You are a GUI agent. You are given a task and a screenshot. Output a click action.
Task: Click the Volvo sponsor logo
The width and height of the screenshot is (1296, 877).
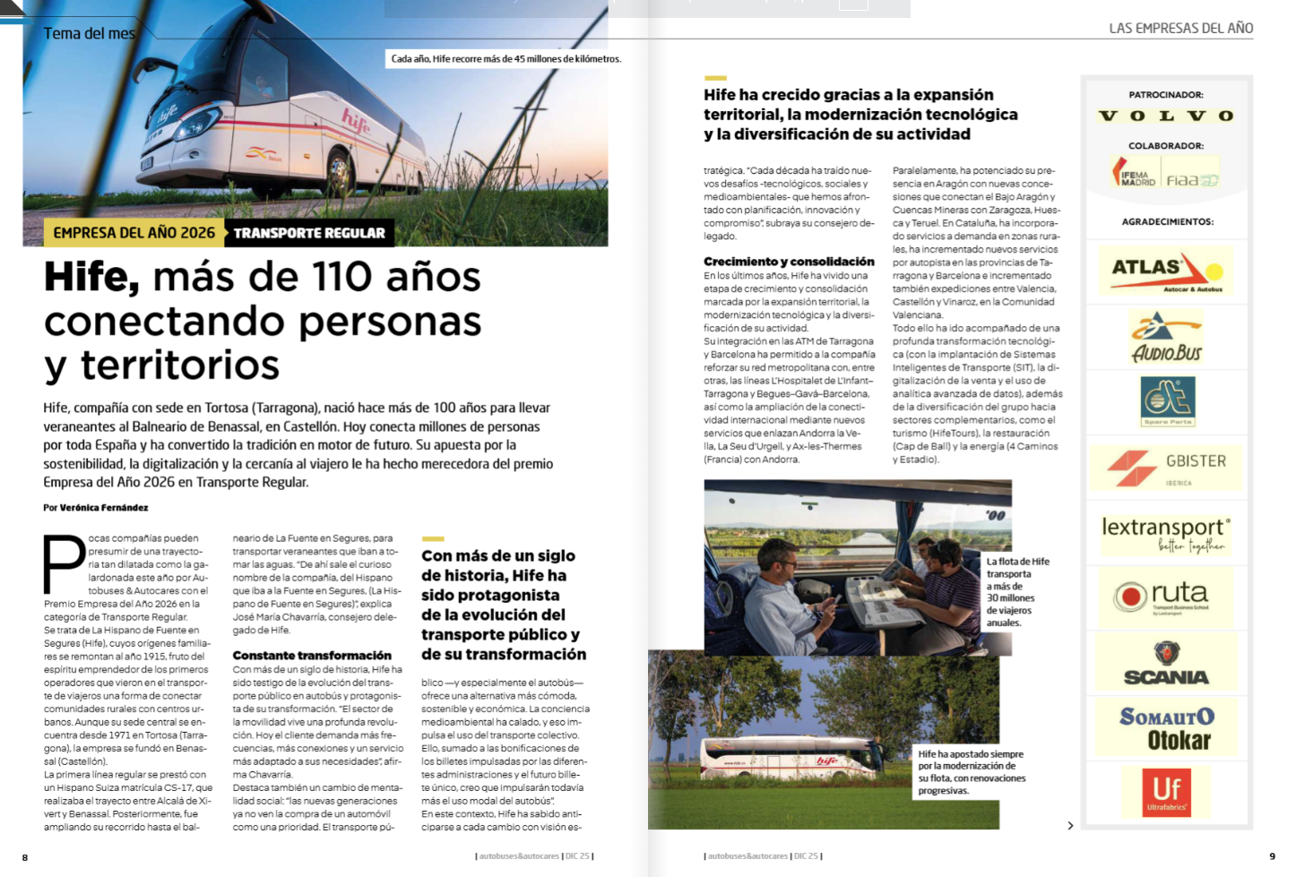1166,116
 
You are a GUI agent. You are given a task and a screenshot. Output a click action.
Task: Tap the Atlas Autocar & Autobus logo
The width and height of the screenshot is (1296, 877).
1166,271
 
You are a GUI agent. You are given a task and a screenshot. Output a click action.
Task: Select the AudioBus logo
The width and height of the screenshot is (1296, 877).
1166,338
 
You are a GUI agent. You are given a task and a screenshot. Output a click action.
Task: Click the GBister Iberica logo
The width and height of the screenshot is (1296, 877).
1166,468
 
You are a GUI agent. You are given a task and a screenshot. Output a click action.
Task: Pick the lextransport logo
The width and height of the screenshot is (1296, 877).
1166,534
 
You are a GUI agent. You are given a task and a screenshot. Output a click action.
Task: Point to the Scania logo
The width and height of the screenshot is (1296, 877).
1166,664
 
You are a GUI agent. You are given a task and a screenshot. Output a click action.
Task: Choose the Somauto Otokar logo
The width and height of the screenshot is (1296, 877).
1166,727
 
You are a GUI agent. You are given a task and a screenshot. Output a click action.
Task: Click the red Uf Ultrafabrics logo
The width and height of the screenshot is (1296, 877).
1166,792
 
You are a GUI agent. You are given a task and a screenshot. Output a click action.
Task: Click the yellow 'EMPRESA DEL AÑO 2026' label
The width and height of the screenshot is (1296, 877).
134,233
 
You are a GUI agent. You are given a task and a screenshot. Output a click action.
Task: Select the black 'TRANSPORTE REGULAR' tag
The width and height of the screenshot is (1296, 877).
309,233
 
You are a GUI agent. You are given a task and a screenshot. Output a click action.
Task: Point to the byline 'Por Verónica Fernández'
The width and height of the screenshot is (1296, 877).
96,508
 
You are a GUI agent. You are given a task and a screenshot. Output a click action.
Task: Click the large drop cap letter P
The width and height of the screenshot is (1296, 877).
64,563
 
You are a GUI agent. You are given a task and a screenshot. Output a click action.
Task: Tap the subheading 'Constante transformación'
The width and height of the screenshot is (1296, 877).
312,656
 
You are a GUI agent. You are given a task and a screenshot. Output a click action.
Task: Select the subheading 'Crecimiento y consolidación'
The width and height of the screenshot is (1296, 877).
789,262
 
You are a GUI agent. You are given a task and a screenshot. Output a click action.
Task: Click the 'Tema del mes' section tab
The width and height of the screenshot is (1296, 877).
90,34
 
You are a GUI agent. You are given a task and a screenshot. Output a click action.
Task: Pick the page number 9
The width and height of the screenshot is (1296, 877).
1272,856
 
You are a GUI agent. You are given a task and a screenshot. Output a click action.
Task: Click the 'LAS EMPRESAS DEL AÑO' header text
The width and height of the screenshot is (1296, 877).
1180,29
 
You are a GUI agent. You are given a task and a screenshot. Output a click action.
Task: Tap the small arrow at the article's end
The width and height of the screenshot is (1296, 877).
1070,825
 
